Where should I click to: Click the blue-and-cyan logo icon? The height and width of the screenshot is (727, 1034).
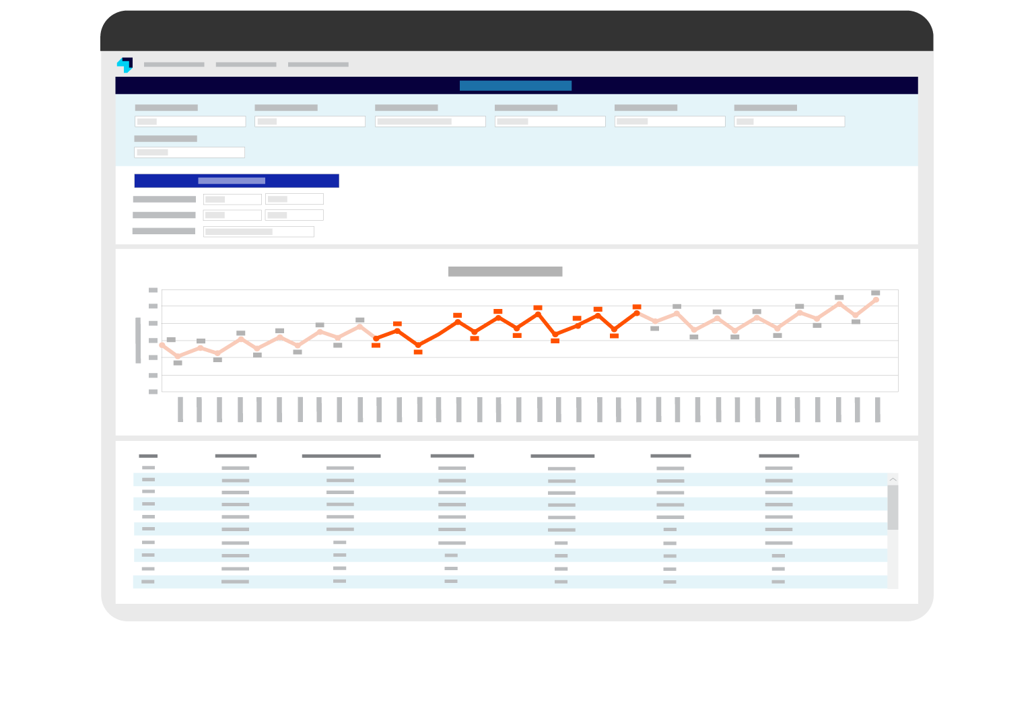(125, 65)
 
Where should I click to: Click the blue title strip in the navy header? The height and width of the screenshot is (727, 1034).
(516, 85)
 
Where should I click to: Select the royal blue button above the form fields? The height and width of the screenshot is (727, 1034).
(236, 180)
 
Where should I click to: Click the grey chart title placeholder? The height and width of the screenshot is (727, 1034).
(505, 271)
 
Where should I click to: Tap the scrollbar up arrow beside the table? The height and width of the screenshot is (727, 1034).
(893, 479)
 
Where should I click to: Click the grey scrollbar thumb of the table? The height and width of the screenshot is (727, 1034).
(893, 507)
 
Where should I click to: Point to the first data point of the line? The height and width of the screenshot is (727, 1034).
(162, 345)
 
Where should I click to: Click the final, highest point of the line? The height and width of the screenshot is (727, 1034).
(876, 300)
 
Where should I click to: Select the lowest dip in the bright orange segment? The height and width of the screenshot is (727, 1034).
(418, 345)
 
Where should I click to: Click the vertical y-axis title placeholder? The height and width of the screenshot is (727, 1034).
(138, 340)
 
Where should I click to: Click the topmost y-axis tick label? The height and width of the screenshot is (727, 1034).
(153, 290)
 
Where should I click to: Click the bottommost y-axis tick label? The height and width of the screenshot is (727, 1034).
(153, 391)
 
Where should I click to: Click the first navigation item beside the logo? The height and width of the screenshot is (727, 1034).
(174, 65)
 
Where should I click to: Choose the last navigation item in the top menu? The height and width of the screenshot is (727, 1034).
(318, 65)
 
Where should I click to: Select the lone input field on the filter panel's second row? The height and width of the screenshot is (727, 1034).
(189, 152)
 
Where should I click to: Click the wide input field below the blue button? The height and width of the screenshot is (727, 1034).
(258, 232)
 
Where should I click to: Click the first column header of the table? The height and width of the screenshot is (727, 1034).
(148, 456)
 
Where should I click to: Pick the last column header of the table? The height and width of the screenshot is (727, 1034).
(779, 456)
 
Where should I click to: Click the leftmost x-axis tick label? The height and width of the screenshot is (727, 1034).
(180, 409)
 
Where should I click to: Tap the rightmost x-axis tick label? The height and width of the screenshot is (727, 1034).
(878, 409)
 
